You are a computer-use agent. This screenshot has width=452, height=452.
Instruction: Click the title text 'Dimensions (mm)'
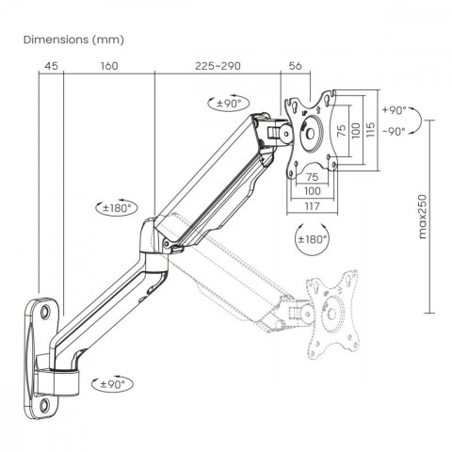pos(71,40)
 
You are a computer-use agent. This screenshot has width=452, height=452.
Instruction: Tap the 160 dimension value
pos(108,67)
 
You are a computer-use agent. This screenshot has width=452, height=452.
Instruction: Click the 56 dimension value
pos(295,67)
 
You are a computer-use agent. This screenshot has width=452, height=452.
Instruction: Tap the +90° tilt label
pos(394,108)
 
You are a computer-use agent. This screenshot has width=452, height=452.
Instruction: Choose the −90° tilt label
pos(394,131)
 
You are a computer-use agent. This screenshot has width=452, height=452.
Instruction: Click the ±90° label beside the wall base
pos(115,383)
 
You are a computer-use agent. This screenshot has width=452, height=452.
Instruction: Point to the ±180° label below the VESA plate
pos(312,239)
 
